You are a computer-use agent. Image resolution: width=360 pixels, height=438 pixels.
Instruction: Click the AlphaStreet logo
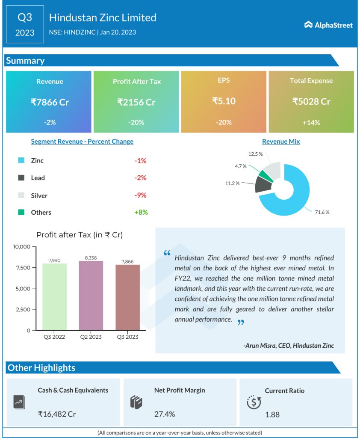point(328,25)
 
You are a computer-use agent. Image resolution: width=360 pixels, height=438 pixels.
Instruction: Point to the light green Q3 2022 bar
point(54,297)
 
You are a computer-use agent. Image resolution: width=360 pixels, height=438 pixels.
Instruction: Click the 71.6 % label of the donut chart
point(322,212)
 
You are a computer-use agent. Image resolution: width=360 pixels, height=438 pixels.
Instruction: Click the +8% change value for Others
point(141,212)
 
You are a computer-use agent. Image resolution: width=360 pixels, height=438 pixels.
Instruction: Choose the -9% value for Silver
point(140,195)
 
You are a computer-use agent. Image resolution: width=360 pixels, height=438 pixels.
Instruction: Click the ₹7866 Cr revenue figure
point(50,102)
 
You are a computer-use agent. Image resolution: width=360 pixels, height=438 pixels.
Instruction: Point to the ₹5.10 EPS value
point(224,101)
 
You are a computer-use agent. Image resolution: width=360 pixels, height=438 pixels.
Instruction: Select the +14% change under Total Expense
point(311,123)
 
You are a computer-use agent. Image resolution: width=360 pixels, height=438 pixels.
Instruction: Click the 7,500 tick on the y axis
point(22,268)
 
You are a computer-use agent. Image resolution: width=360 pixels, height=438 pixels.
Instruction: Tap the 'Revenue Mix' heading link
point(281,142)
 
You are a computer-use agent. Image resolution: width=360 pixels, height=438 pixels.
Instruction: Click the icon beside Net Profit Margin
point(136,402)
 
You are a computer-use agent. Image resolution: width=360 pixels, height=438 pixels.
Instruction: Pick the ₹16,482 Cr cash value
point(57,414)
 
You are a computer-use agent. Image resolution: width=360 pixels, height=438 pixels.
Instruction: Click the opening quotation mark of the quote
point(167,253)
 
